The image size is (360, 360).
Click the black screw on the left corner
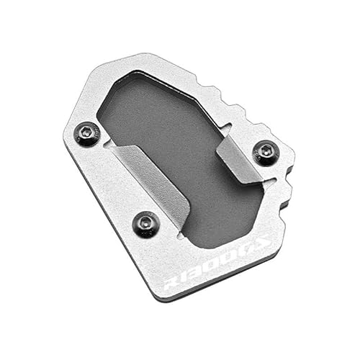[88, 133]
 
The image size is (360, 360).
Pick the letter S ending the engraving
[261, 243]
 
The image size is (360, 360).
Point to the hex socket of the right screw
[266, 152]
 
